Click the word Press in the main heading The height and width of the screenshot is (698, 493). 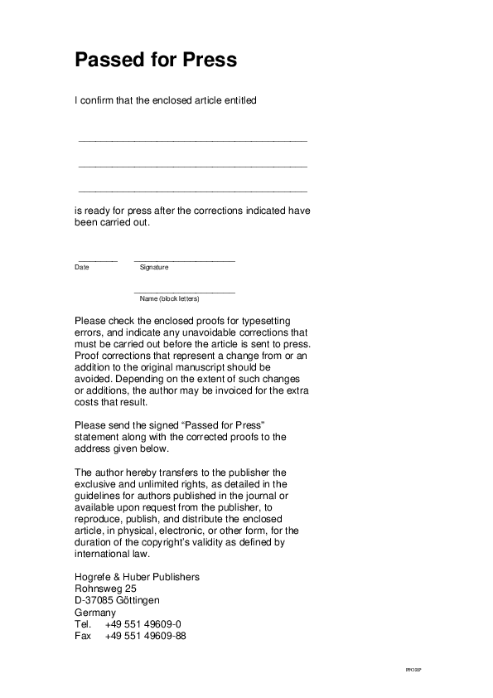coord(210,61)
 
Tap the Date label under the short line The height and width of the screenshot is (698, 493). coord(82,268)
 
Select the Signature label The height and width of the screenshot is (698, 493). coord(154,268)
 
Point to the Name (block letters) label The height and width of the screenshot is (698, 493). coord(170,298)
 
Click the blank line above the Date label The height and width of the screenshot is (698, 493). coord(97,261)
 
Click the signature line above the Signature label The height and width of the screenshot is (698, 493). coord(184,261)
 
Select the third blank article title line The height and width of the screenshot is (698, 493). coord(192,191)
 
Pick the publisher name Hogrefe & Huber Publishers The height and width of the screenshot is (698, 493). coord(137,577)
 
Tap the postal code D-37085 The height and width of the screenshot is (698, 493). coord(94,600)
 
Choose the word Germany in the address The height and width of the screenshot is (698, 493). coord(95,613)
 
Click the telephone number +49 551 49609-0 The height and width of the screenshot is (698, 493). coord(143,624)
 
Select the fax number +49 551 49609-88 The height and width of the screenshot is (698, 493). coord(146,636)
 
